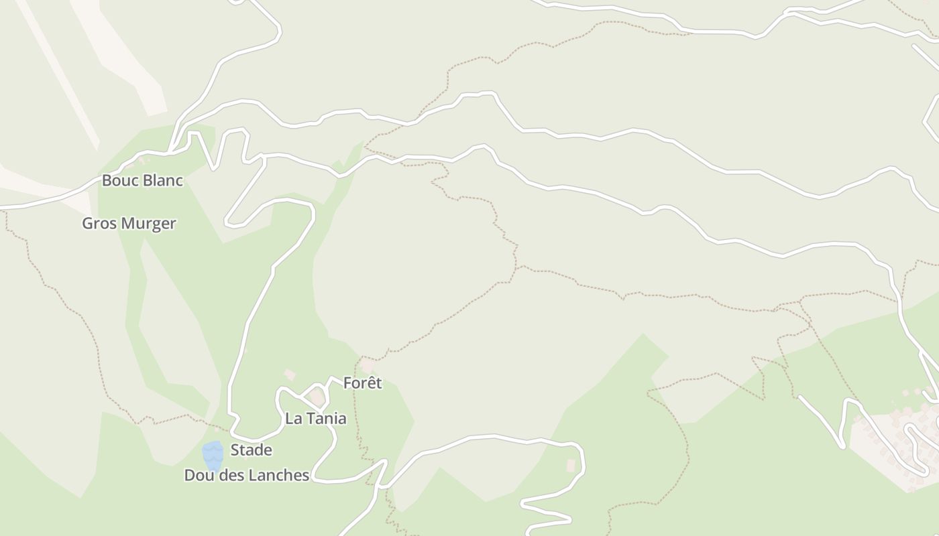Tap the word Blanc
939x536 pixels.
click(x=161, y=181)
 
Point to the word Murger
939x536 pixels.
click(x=149, y=224)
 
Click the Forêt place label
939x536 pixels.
click(x=362, y=383)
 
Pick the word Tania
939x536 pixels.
click(x=326, y=419)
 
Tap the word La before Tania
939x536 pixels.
click(x=293, y=419)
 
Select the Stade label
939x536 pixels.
click(x=252, y=450)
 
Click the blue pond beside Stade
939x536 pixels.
click(x=213, y=456)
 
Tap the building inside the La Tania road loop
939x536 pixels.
click(x=317, y=397)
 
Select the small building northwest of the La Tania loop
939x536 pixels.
click(x=290, y=375)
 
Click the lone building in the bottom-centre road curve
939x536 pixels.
click(x=571, y=465)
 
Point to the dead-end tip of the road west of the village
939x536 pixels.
click(x=800, y=397)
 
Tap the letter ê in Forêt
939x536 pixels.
click(x=370, y=383)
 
